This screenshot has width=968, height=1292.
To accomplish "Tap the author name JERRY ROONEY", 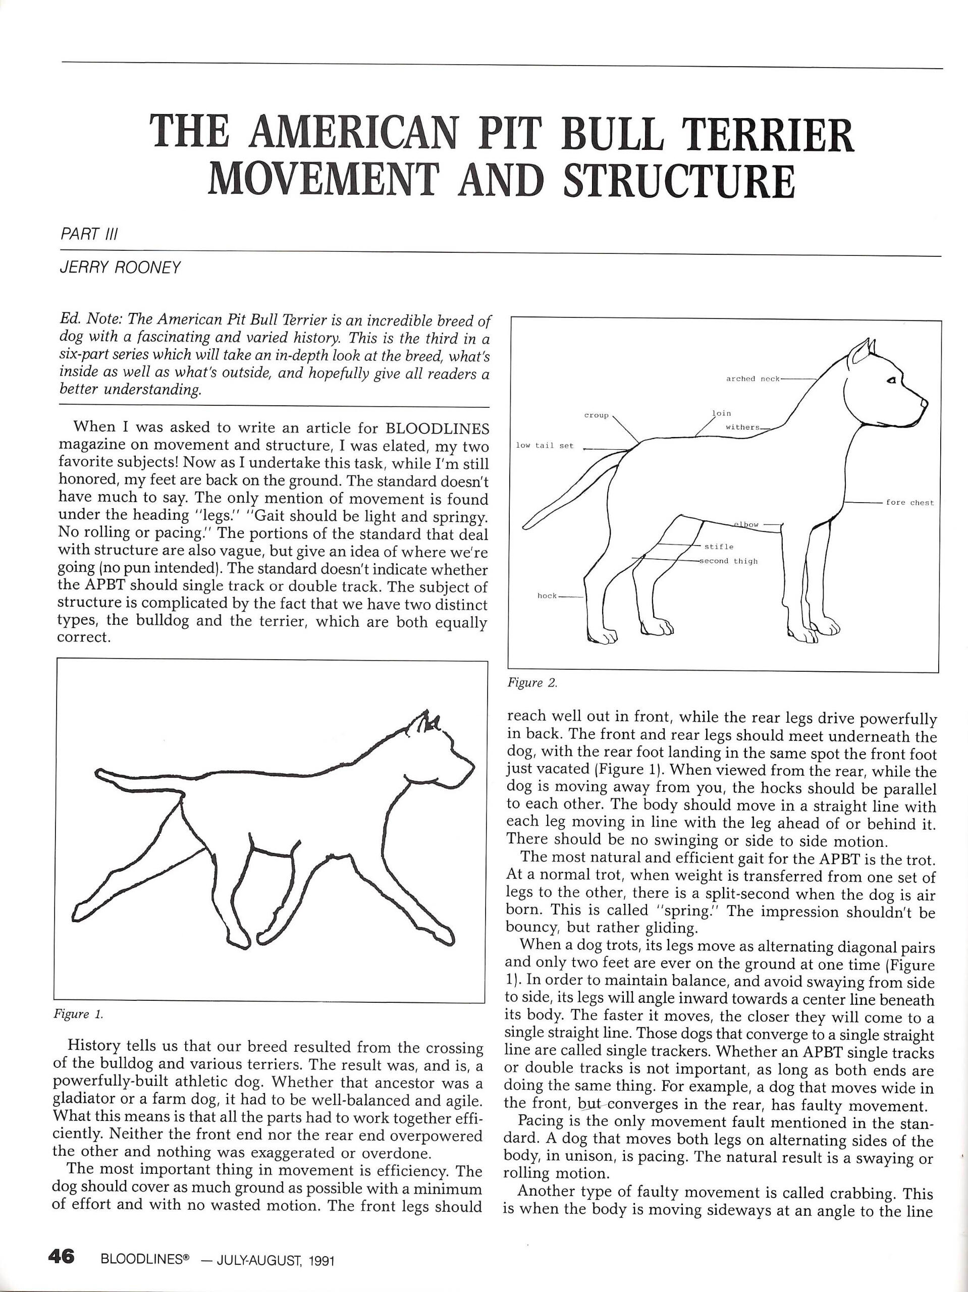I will point(120,268).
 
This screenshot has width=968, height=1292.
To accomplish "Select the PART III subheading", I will point(89,234).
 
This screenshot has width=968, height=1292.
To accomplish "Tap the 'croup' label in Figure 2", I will point(596,415).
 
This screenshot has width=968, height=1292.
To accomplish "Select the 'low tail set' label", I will point(545,446).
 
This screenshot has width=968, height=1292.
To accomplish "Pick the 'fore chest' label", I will point(909,502).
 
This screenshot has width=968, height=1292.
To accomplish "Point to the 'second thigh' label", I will point(730,561).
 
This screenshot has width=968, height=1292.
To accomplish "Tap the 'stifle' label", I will point(719,546).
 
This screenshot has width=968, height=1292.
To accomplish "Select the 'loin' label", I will point(722,413).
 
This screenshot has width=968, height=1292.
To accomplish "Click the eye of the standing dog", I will point(891,380).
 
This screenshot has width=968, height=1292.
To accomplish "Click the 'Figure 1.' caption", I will point(78,1014).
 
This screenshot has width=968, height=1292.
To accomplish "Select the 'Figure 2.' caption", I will point(533,683).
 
